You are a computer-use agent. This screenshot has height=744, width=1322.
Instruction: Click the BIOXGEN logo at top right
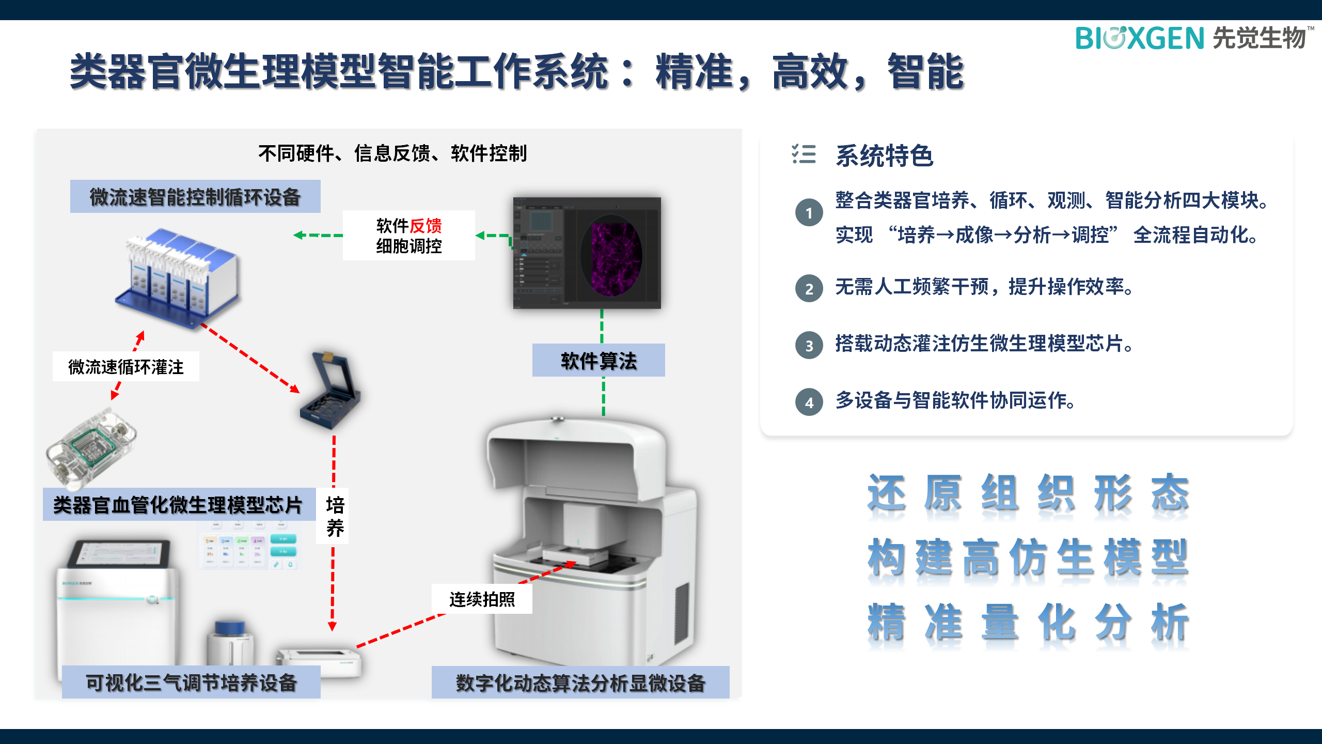point(1193,38)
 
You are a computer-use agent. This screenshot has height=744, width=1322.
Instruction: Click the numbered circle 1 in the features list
point(809,213)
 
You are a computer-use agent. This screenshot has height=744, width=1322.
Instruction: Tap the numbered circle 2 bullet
point(809,288)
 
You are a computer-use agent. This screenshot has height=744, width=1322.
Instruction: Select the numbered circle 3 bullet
point(809,345)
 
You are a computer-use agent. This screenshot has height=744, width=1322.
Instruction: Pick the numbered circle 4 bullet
point(809,402)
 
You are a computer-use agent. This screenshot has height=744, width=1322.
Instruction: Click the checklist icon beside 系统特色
point(804,154)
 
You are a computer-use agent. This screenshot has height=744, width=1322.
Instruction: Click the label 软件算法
point(599,361)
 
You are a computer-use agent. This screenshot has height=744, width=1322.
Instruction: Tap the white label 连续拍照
point(482,599)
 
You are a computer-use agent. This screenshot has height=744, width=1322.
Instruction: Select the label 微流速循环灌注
point(126,367)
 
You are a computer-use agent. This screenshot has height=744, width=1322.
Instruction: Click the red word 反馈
point(426,226)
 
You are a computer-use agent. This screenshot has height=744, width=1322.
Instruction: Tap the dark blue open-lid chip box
point(330,390)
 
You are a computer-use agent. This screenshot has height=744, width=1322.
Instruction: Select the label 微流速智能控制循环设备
point(195,197)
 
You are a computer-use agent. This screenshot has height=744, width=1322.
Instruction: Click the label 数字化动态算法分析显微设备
point(580,683)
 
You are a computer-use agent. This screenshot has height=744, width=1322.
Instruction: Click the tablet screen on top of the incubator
point(120,554)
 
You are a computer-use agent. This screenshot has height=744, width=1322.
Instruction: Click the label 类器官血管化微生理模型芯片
point(178,505)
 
